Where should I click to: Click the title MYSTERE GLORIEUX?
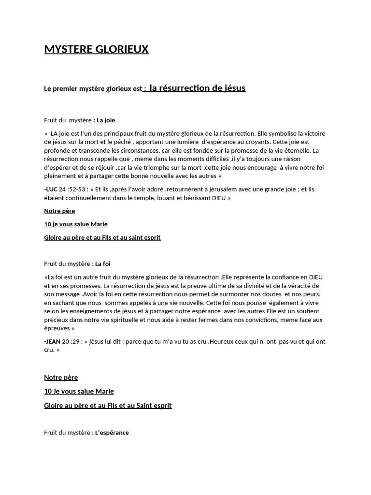click(x=96, y=49)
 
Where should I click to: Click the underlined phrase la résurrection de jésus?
click(x=198, y=88)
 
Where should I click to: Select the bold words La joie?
click(x=106, y=120)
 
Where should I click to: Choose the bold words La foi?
click(x=103, y=263)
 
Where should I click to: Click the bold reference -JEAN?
click(x=52, y=341)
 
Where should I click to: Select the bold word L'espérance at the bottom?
click(x=112, y=433)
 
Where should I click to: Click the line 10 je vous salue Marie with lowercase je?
click(x=76, y=224)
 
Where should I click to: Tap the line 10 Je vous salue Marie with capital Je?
click(x=79, y=391)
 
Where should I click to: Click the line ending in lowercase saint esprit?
click(x=102, y=237)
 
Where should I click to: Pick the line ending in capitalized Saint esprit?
click(x=108, y=406)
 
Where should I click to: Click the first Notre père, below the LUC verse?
click(x=59, y=211)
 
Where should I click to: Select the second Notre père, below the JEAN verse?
click(x=61, y=378)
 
